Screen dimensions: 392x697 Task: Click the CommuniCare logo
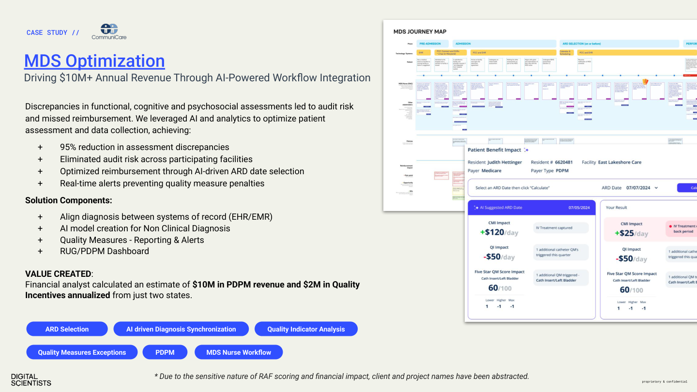tap(109, 32)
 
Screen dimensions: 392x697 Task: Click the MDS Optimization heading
tap(94, 61)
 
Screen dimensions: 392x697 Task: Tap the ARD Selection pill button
tap(67, 329)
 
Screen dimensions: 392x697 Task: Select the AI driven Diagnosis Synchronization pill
tap(181, 329)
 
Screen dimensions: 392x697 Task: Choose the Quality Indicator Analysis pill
tap(306, 329)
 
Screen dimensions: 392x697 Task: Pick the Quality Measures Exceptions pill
tap(82, 352)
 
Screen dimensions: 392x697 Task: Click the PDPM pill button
tap(165, 352)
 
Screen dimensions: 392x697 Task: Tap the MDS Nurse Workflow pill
tap(239, 352)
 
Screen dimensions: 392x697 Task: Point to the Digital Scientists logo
tap(31, 379)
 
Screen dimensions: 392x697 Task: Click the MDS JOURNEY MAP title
tap(420, 31)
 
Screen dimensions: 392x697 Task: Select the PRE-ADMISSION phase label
tap(430, 44)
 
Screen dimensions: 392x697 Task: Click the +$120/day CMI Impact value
tap(499, 232)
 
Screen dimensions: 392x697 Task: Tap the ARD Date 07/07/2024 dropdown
tap(642, 188)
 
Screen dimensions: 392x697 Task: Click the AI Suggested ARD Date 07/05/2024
tap(579, 208)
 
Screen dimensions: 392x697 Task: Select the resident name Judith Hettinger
tap(504, 162)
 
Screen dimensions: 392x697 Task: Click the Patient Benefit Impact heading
tap(494, 150)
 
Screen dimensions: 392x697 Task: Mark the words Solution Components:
tap(69, 200)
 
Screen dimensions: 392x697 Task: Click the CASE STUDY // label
tap(53, 32)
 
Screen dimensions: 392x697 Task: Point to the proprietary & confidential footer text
tap(664, 382)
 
